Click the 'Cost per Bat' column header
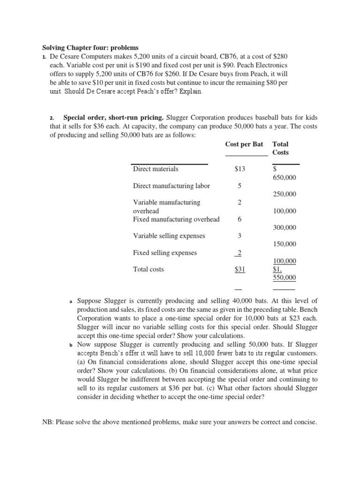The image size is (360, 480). (244, 144)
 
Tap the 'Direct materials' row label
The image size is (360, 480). (156, 169)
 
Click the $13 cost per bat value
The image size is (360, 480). (240, 169)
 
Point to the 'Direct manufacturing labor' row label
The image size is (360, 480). (172, 186)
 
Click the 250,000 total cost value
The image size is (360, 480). (285, 194)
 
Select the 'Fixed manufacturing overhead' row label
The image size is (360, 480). (176, 219)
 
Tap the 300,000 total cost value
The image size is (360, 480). (285, 227)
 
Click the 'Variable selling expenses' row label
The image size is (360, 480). (169, 236)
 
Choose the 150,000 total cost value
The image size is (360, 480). (285, 244)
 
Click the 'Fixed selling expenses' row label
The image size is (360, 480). (165, 253)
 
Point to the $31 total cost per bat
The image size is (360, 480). (240, 270)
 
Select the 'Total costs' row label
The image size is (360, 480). (149, 270)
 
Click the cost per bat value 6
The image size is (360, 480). (240, 219)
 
